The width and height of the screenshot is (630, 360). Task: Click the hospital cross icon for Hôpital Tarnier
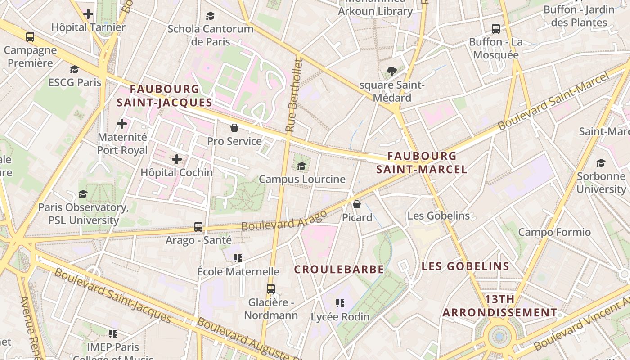(x=88, y=14)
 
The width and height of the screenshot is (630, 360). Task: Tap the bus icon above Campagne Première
(x=30, y=37)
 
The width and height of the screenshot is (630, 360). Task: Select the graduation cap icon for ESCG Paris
(x=74, y=70)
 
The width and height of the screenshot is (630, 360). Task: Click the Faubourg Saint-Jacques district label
(x=164, y=96)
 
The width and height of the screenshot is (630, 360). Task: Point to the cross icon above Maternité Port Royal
(x=122, y=123)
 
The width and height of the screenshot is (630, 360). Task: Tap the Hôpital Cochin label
(x=177, y=172)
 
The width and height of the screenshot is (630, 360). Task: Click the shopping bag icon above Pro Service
(x=234, y=128)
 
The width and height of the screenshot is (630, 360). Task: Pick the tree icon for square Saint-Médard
(x=391, y=71)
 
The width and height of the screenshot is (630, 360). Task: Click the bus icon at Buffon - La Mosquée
(x=496, y=29)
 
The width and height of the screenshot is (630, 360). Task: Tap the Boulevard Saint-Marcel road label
(x=553, y=101)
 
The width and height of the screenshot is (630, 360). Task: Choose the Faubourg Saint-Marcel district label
(x=422, y=163)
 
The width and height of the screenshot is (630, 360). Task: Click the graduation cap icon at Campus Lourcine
(x=301, y=166)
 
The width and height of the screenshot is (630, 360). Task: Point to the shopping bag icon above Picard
(x=357, y=204)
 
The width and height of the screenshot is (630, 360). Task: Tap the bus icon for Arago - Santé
(x=198, y=226)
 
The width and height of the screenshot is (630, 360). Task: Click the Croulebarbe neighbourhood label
(x=339, y=270)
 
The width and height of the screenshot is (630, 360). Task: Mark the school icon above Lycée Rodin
(x=340, y=303)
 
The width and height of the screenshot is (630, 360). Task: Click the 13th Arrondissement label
(x=499, y=306)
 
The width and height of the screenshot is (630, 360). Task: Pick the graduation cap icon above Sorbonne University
(x=601, y=163)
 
